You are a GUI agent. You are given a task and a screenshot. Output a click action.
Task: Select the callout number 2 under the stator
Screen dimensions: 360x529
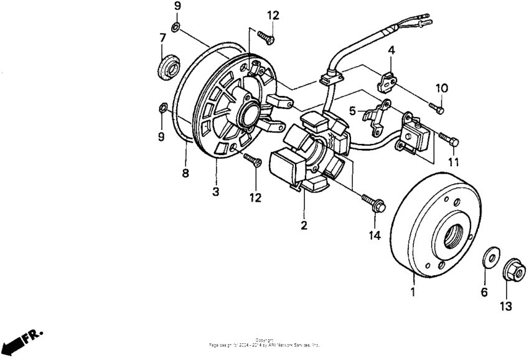tap(304, 225)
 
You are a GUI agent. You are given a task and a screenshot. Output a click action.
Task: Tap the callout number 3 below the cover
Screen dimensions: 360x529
tap(215, 192)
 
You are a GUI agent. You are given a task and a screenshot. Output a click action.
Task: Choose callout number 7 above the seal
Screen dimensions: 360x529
tap(162, 37)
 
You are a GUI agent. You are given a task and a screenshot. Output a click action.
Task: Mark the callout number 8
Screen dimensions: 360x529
tap(185, 173)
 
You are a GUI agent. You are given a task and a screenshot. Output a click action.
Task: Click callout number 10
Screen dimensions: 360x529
tap(441, 87)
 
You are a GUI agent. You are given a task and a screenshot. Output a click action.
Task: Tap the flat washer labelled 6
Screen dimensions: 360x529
tap(490, 257)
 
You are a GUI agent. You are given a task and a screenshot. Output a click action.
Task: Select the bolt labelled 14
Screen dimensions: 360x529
tap(373, 202)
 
